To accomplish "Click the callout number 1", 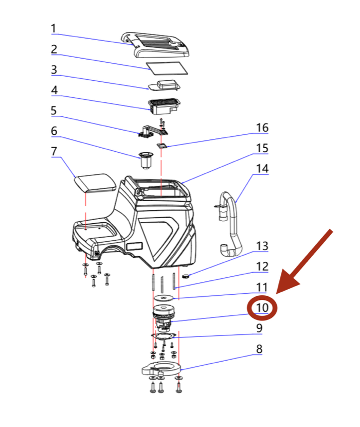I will [54, 28].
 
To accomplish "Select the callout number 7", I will [54, 152].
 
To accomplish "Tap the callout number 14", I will [262, 168].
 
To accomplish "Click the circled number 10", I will [262, 308].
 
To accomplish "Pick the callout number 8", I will [259, 349].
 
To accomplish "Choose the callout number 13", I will [262, 246].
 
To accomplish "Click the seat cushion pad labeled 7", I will [95, 183].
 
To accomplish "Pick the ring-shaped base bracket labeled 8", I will [160, 368].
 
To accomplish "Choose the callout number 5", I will [54, 111].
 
